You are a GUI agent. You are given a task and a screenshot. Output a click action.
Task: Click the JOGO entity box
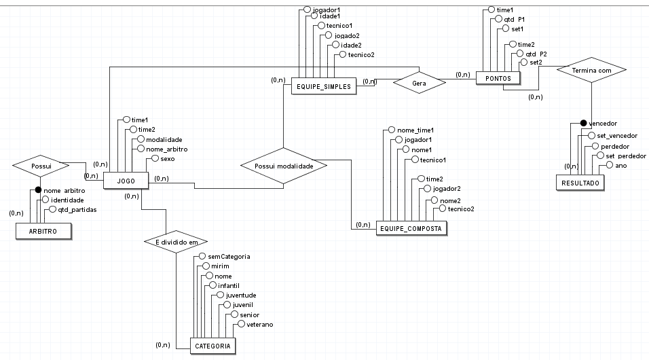click(125, 181)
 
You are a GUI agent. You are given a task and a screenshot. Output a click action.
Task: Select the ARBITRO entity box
click(43, 232)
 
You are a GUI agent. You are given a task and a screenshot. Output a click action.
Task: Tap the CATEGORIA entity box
click(212, 346)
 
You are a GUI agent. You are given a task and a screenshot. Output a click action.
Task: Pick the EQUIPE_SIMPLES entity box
click(324, 86)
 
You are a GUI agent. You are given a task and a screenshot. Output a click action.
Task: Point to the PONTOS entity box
click(498, 79)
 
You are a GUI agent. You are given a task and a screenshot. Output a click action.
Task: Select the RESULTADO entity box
click(579, 183)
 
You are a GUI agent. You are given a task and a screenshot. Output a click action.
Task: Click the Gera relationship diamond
click(419, 82)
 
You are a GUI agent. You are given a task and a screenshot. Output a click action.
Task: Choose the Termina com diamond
click(591, 70)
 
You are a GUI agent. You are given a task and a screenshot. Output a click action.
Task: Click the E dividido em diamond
click(175, 241)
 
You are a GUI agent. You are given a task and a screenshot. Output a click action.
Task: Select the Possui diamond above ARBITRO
click(42, 165)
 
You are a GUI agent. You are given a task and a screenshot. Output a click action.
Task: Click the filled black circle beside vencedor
click(582, 123)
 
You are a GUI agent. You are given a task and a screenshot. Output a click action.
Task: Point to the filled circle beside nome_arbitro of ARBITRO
click(38, 190)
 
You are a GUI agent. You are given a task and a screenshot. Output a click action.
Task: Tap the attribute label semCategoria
click(229, 256)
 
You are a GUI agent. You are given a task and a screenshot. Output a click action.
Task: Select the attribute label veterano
click(259, 325)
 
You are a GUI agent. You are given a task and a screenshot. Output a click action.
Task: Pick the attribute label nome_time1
click(415, 129)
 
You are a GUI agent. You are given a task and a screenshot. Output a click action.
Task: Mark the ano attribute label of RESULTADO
click(620, 165)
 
